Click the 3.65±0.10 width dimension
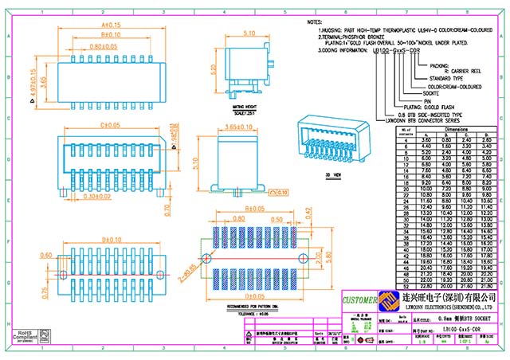238,127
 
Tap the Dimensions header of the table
456,127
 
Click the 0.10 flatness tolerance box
280,192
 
